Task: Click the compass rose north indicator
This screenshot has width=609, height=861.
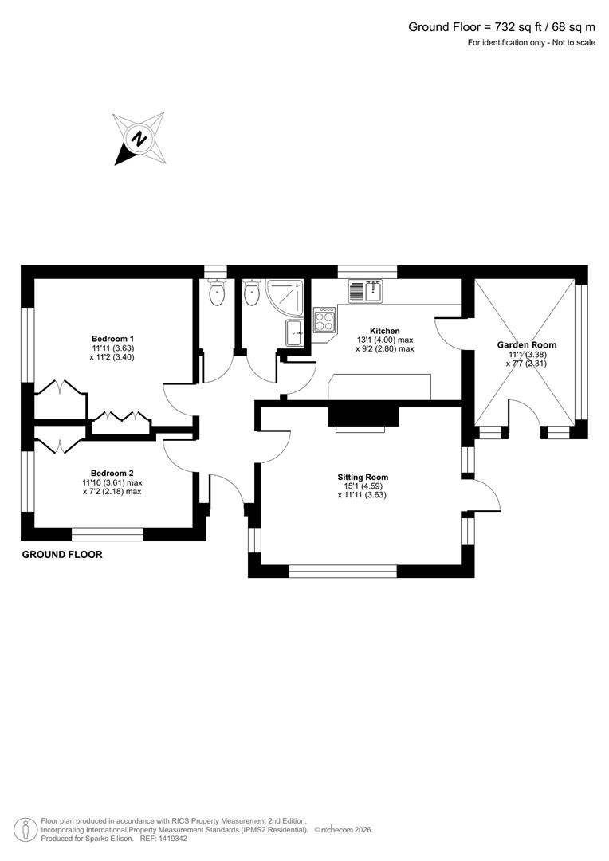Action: coord(139,139)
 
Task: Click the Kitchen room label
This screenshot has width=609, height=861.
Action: coord(384,331)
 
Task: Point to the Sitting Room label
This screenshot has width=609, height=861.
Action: coord(362,478)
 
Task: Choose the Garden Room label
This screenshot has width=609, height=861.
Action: coord(527,344)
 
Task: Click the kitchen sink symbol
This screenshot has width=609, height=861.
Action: coord(366,292)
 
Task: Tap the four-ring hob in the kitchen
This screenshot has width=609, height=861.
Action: coord(325,321)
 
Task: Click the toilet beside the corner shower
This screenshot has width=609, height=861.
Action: coord(252,294)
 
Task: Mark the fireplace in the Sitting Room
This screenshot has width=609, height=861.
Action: coord(363,417)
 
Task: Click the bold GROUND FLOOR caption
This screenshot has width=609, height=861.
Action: coord(62,554)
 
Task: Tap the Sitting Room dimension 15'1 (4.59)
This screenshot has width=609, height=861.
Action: coord(362,486)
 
